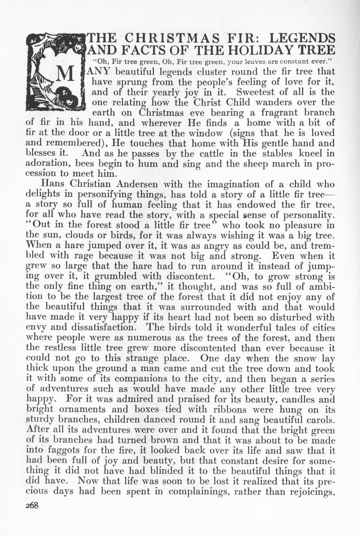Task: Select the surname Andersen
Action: pyautogui.click(x=144, y=183)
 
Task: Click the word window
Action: pyautogui.click(x=203, y=132)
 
